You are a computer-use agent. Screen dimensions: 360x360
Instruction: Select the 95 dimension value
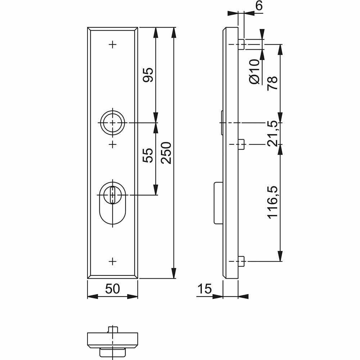click(x=148, y=75)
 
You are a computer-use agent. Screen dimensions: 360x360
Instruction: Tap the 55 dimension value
click(x=148, y=156)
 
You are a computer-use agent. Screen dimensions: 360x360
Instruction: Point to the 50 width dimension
click(x=112, y=289)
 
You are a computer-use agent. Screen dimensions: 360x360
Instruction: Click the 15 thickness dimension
click(x=204, y=289)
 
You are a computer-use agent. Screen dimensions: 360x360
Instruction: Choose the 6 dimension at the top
click(x=259, y=5)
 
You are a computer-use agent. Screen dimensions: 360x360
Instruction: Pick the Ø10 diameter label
click(x=254, y=72)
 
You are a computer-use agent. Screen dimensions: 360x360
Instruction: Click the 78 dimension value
click(x=272, y=83)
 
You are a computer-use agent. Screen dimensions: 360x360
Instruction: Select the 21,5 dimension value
click(x=273, y=134)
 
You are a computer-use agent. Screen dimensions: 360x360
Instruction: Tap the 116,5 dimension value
click(x=273, y=202)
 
